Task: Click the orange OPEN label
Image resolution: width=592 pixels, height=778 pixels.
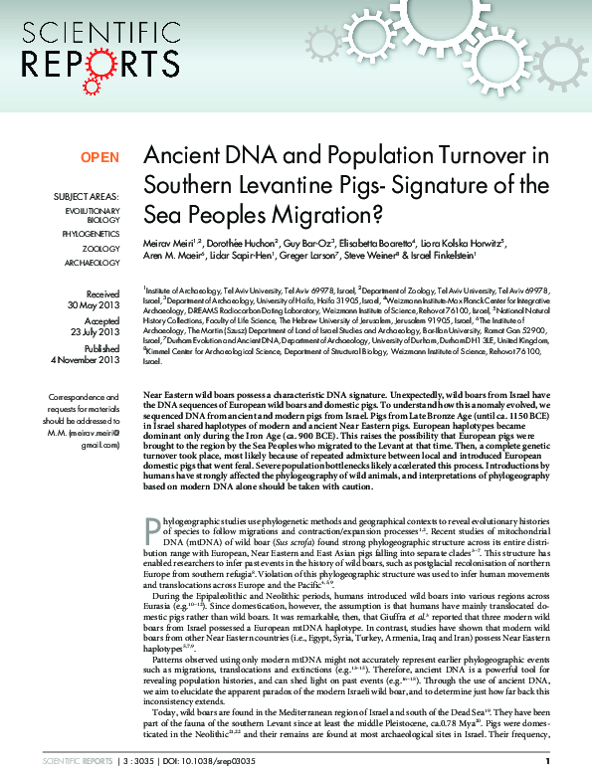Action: [x=99, y=158]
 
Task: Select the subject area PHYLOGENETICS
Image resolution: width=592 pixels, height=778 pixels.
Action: [x=91, y=230]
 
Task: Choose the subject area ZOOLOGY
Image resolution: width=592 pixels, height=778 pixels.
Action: [x=100, y=247]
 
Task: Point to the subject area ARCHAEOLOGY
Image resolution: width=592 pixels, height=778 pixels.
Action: [x=94, y=263]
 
